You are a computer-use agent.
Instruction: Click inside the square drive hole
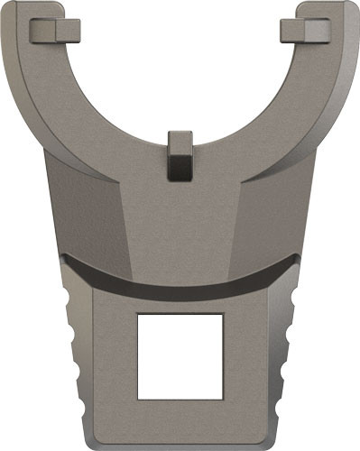click(x=180, y=356)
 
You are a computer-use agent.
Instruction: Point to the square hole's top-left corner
click(x=138, y=315)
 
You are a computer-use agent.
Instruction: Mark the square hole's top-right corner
click(x=222, y=315)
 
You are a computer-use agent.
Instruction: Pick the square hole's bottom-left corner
click(x=138, y=399)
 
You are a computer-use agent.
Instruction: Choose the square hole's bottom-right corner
click(x=222, y=399)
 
